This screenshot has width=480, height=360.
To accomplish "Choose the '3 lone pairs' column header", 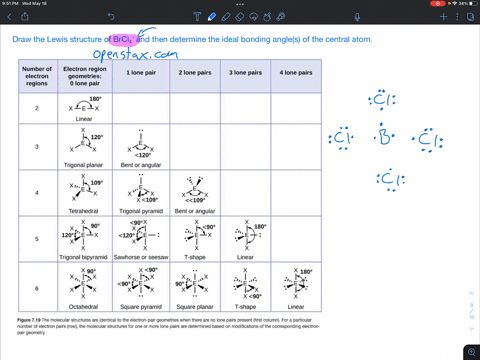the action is (246, 74).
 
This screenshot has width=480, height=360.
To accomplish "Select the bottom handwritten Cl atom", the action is (388, 180).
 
